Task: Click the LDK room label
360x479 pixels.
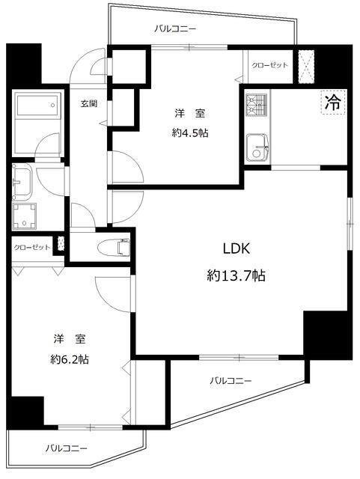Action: coord(237,248)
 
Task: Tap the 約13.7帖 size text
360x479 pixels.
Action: coord(236,276)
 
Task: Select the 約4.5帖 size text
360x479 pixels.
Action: coord(190,133)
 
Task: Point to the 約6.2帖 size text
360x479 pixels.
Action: coord(70,359)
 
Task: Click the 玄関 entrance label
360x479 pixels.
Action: coord(89,103)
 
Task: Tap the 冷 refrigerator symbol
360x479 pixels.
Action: coord(333,102)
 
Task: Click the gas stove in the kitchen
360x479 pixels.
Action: coord(257,105)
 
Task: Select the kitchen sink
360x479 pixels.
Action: coord(257,147)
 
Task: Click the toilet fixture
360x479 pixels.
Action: coord(113,247)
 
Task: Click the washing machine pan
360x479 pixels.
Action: coord(24,216)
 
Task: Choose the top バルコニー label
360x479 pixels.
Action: coord(175,29)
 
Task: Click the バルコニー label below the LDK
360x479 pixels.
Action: coord(231,381)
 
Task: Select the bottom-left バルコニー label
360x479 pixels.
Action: coord(67,448)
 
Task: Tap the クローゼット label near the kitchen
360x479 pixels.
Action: coord(270,65)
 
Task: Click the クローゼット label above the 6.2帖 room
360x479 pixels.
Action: coord(31,247)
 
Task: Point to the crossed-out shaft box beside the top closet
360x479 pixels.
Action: coord(306,66)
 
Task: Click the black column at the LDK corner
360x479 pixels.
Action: coord(328,335)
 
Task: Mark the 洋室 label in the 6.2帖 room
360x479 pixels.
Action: coord(70,338)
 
